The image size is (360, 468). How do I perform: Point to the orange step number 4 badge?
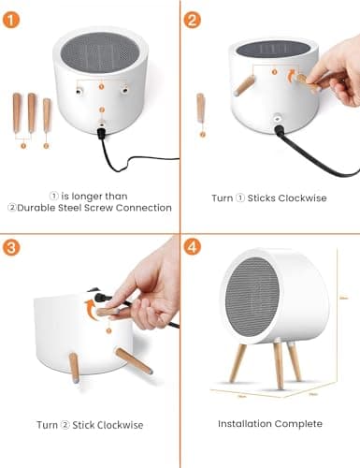194,249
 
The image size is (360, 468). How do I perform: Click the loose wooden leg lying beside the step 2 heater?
200,109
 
